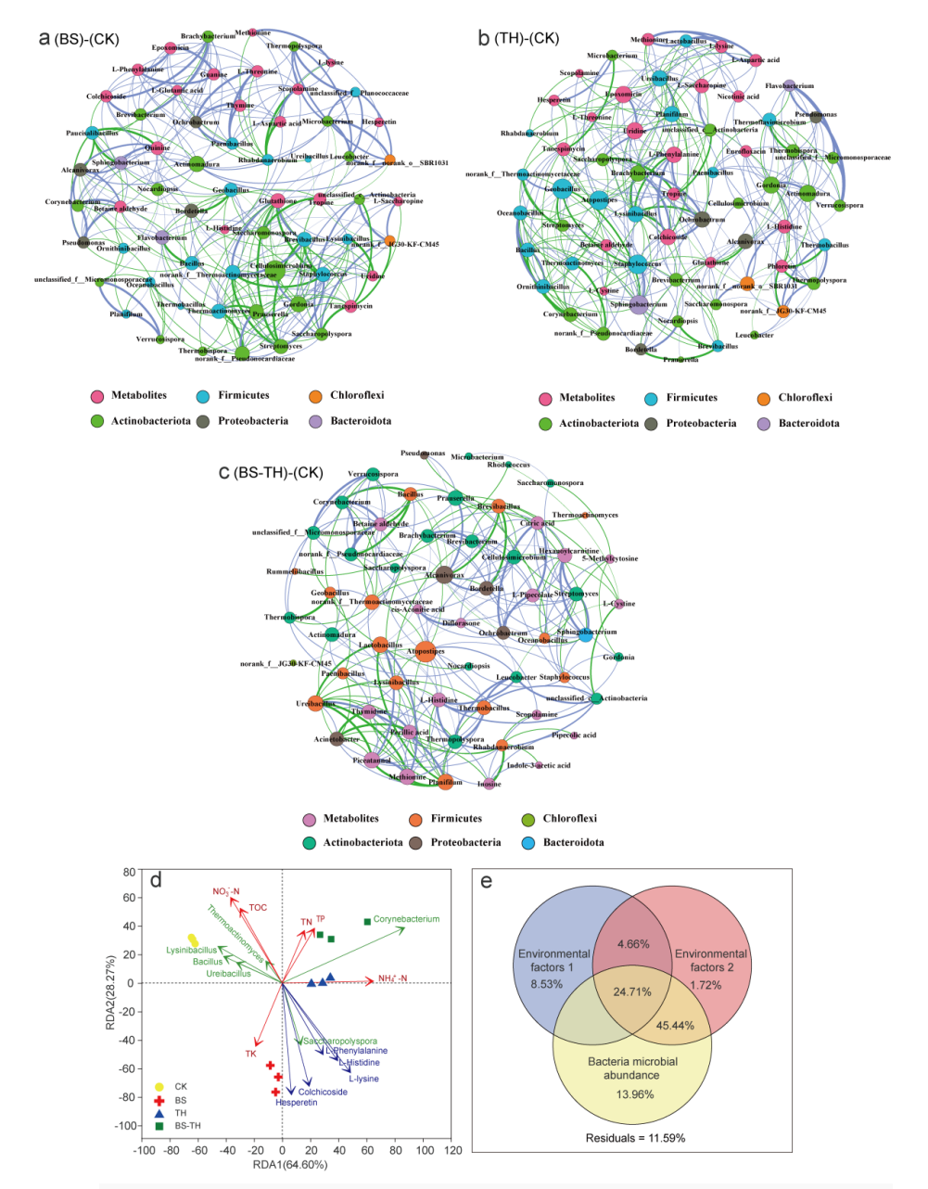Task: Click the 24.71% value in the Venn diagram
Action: (x=632, y=991)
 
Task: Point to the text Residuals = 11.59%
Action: (x=635, y=1137)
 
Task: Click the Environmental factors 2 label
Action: (x=711, y=960)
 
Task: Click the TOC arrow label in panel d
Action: (x=258, y=907)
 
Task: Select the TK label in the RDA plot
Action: (x=250, y=1054)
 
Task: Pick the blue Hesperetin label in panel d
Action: (x=297, y=1103)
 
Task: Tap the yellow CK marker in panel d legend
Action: (x=159, y=1086)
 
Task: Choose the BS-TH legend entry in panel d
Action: (x=187, y=1126)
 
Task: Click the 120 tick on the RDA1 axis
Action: (x=453, y=1150)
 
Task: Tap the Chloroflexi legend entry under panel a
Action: (x=357, y=395)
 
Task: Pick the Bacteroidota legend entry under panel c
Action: (x=573, y=842)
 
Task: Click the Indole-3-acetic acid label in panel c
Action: (x=539, y=765)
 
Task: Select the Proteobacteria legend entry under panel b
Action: (x=701, y=423)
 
